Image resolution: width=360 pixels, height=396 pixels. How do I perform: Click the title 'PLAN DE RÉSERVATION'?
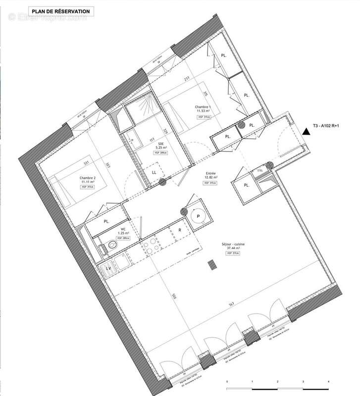pos(61,10)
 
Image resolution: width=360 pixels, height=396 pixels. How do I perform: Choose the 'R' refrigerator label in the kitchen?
pos(180,231)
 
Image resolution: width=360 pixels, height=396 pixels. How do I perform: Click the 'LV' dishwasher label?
pos(107,268)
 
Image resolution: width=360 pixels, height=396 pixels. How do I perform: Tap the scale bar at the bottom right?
pos(277,383)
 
